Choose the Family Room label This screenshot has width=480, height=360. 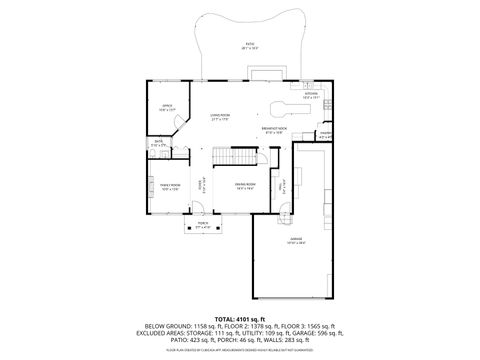point(158,186)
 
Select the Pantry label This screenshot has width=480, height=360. point(325,136)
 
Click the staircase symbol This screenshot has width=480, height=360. point(223,155)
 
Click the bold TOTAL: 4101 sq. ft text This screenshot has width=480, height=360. point(239,318)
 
